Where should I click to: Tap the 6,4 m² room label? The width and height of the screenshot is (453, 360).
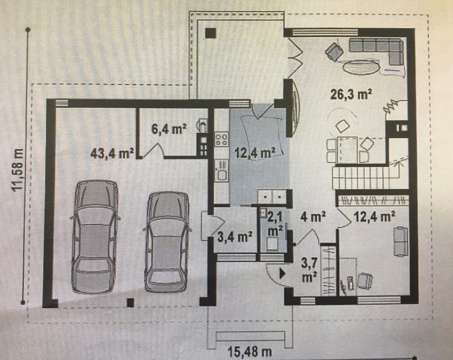[x=169, y=129]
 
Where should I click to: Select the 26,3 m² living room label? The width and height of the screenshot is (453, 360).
[x=350, y=94]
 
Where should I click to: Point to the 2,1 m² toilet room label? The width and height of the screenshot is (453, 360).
[x=275, y=224]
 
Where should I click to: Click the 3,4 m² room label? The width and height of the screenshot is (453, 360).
[x=235, y=237]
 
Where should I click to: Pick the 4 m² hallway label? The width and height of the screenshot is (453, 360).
[x=313, y=217]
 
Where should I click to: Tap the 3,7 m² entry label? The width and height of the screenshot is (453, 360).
[x=310, y=270]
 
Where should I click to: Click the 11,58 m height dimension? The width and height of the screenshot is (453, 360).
[x=18, y=169]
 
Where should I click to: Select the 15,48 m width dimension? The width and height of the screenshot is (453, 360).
[x=249, y=352]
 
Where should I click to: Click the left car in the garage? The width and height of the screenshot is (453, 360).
[x=95, y=236]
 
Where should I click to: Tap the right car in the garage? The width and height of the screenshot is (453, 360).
[x=167, y=242]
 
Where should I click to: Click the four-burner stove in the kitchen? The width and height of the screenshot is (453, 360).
[x=222, y=139]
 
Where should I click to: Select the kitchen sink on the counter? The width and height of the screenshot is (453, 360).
[x=222, y=171]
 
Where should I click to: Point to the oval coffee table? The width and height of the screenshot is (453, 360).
[x=361, y=67]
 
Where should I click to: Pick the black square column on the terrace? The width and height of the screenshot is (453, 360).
[x=211, y=34]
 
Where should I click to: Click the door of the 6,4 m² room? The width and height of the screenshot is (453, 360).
[x=153, y=150]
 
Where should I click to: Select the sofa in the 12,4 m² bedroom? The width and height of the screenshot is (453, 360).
[x=400, y=242]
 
